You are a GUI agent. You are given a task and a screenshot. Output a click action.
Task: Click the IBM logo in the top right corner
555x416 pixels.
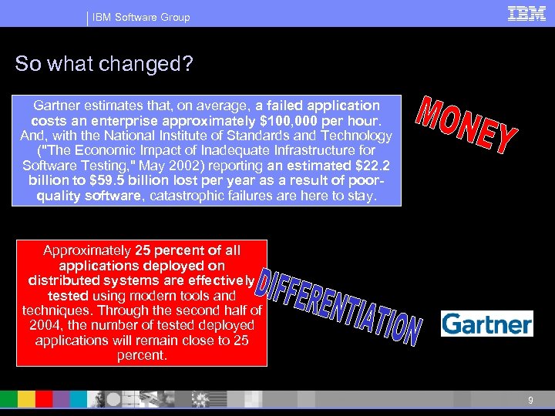pyautogui.click(x=526, y=14)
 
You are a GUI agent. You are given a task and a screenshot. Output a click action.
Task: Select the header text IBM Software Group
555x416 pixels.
pyautogui.click(x=141, y=17)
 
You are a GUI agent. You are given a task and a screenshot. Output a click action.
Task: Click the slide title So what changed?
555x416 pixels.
pyautogui.click(x=103, y=64)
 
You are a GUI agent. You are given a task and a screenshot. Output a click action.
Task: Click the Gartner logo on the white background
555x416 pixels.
pyautogui.click(x=486, y=324)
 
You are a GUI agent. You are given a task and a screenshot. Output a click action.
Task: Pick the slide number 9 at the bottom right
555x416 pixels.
pyautogui.click(x=530, y=400)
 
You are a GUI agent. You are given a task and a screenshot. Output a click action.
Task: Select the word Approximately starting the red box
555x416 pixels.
pyautogui.click(x=87, y=250)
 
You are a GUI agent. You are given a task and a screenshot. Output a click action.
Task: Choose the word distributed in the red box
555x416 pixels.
pyautogui.click(x=63, y=280)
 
